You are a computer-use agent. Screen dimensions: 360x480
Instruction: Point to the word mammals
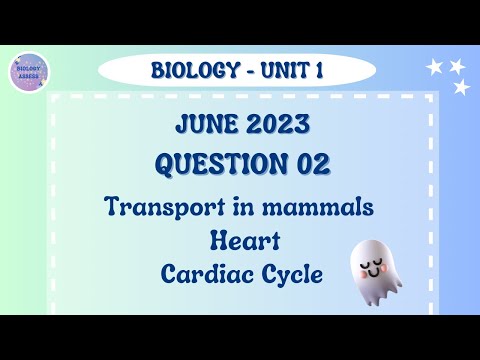[320, 208]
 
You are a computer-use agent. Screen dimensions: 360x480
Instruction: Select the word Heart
[239, 240]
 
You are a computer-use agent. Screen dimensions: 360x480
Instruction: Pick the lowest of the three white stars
[462, 88]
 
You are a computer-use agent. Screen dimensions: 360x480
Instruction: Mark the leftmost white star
[435, 67]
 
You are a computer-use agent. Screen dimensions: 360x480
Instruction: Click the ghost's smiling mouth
[374, 271]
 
